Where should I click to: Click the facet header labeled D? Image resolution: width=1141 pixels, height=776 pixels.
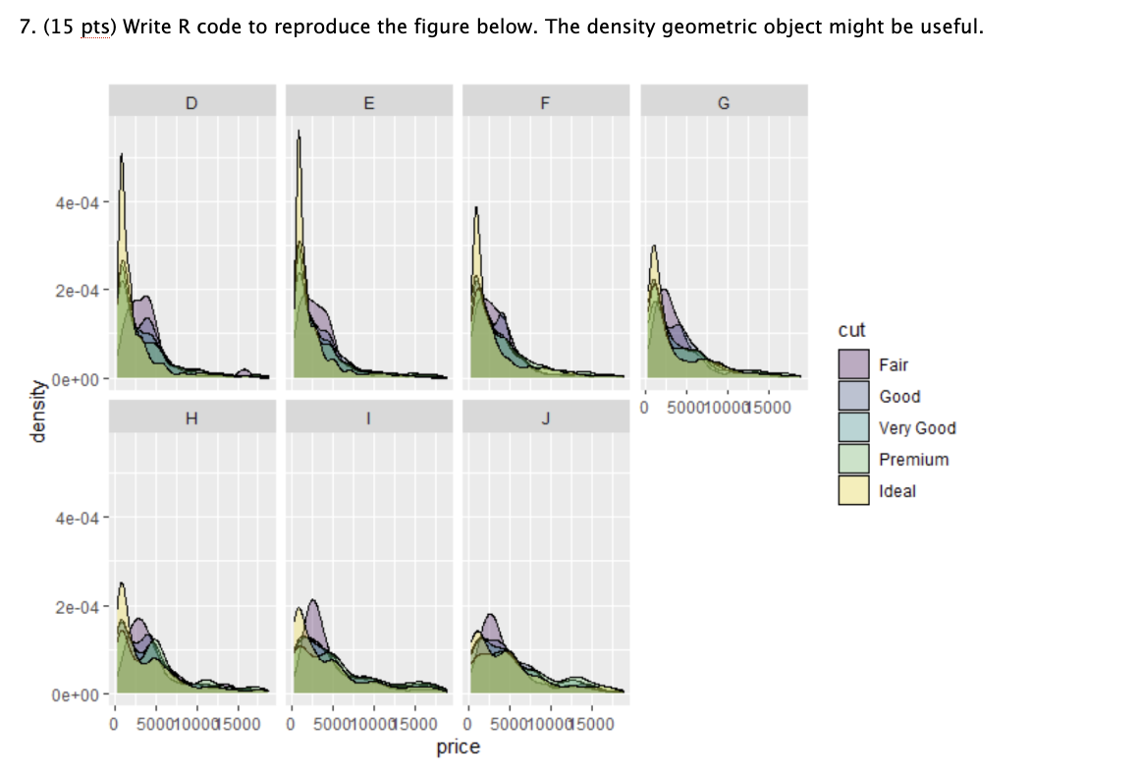pos(191,101)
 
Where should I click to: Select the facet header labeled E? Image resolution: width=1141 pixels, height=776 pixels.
pos(368,101)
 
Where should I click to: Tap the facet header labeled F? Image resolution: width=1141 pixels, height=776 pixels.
pos(545,101)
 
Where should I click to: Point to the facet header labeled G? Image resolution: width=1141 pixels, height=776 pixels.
pos(724,101)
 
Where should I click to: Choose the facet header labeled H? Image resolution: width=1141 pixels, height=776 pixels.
pos(191,417)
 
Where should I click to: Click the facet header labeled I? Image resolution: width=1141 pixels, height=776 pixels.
pos(368,417)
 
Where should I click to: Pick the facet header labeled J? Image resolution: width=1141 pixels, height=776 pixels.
pos(545,417)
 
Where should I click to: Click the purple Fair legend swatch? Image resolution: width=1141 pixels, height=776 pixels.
pos(853,364)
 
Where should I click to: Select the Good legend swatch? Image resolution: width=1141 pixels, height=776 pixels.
pos(853,396)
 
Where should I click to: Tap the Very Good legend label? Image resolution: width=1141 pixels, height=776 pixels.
pos(917,428)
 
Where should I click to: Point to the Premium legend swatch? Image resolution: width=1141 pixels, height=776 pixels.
pos(853,459)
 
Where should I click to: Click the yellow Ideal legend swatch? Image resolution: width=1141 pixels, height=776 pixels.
pos(853,490)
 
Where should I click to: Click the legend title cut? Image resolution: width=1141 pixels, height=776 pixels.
pos(851,330)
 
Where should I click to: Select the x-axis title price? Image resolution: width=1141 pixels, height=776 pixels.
pos(459,748)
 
